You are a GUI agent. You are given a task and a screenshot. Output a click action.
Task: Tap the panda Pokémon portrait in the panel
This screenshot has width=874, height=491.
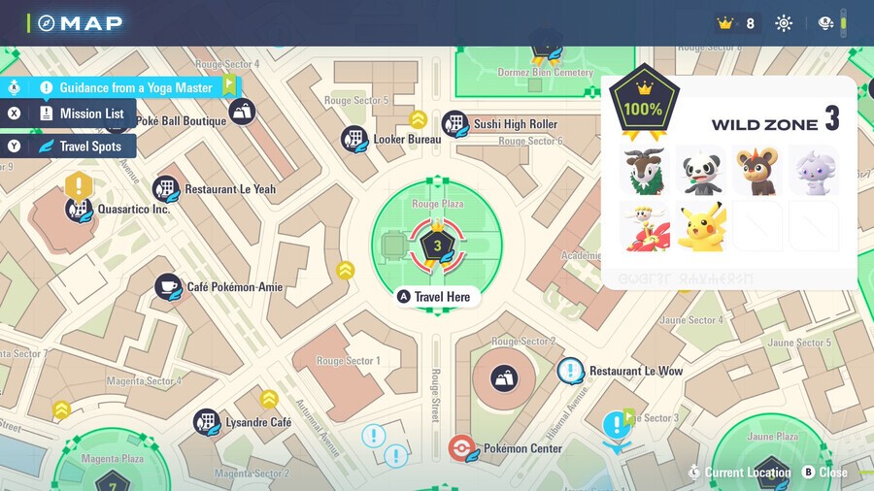pyautogui.click(x=700, y=170)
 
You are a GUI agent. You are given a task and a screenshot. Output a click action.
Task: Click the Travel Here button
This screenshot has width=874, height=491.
pyautogui.click(x=436, y=297)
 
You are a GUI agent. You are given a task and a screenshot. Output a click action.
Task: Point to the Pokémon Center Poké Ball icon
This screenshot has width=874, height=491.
pyautogui.click(x=463, y=448)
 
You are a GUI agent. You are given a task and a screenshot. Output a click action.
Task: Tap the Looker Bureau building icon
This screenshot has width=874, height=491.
pyautogui.click(x=353, y=139)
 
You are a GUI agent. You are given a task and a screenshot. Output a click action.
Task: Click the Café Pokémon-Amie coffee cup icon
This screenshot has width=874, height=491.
pyautogui.click(x=168, y=286)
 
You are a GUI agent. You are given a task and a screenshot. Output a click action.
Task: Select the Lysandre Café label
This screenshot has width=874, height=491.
pyautogui.click(x=258, y=423)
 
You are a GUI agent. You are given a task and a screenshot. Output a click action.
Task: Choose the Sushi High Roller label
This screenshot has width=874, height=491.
pyautogui.click(x=515, y=124)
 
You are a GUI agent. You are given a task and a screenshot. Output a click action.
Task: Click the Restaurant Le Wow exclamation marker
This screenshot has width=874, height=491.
pyautogui.click(x=570, y=371)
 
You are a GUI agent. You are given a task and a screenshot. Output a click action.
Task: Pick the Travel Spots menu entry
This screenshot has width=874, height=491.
pyautogui.click(x=89, y=147)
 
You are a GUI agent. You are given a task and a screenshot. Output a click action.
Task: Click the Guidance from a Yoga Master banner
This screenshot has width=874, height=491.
pyautogui.click(x=135, y=87)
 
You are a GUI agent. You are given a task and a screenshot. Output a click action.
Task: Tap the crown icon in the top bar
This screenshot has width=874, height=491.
pyautogui.click(x=724, y=23)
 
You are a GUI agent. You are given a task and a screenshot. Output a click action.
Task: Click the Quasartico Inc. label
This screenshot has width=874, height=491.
pyautogui.click(x=134, y=209)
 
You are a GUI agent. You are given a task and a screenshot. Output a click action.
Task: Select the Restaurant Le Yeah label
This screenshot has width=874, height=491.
pyautogui.click(x=229, y=189)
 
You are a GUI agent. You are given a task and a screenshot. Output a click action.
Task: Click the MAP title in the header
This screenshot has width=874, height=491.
pyautogui.click(x=90, y=22)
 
